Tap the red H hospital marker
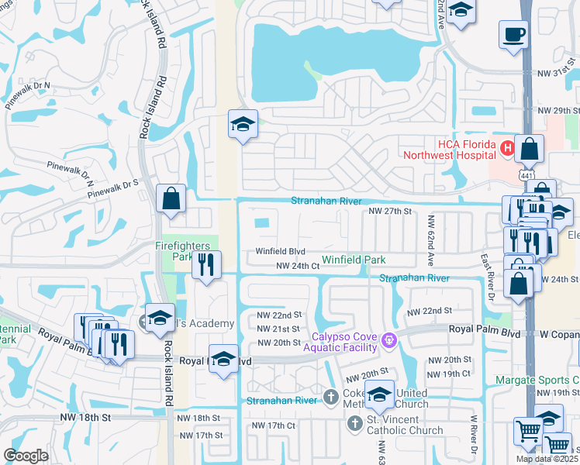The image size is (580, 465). coord(507,147)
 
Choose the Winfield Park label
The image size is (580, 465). coord(354,260)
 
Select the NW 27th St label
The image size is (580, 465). coord(388,211)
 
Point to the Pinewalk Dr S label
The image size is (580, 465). coord(113,183)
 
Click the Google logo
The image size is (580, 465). coord(26,456)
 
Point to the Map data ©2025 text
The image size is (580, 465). coord(547,459)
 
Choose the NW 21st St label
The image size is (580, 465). coord(278,329)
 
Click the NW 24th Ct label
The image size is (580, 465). coord(299,266)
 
